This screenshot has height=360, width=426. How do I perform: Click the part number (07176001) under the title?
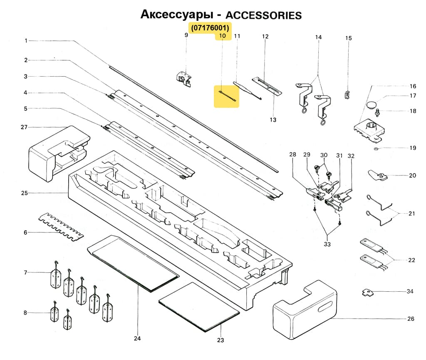pyautogui.click(x=211, y=28)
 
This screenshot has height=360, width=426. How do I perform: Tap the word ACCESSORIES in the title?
pyautogui.click(x=263, y=15)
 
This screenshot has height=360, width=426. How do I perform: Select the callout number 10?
pyautogui.click(x=223, y=36)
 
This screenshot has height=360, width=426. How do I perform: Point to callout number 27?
pyautogui.click(x=25, y=127)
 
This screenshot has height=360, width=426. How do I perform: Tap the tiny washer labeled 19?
pyautogui.click(x=376, y=148)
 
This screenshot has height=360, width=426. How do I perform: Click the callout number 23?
pyautogui.click(x=220, y=340)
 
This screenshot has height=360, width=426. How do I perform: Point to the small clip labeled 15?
pyautogui.click(x=347, y=94)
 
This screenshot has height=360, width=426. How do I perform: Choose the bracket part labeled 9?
pyautogui.click(x=184, y=77)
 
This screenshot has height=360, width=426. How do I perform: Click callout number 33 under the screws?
pyautogui.click(x=327, y=244)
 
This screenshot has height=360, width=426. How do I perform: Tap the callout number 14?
pyautogui.click(x=318, y=37)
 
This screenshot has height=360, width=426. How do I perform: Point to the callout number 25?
pyautogui.click(x=25, y=193)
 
